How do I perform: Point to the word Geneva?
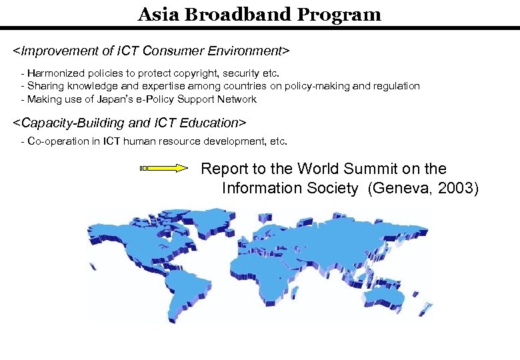click(398, 188)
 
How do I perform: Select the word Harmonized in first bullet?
click(55, 72)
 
